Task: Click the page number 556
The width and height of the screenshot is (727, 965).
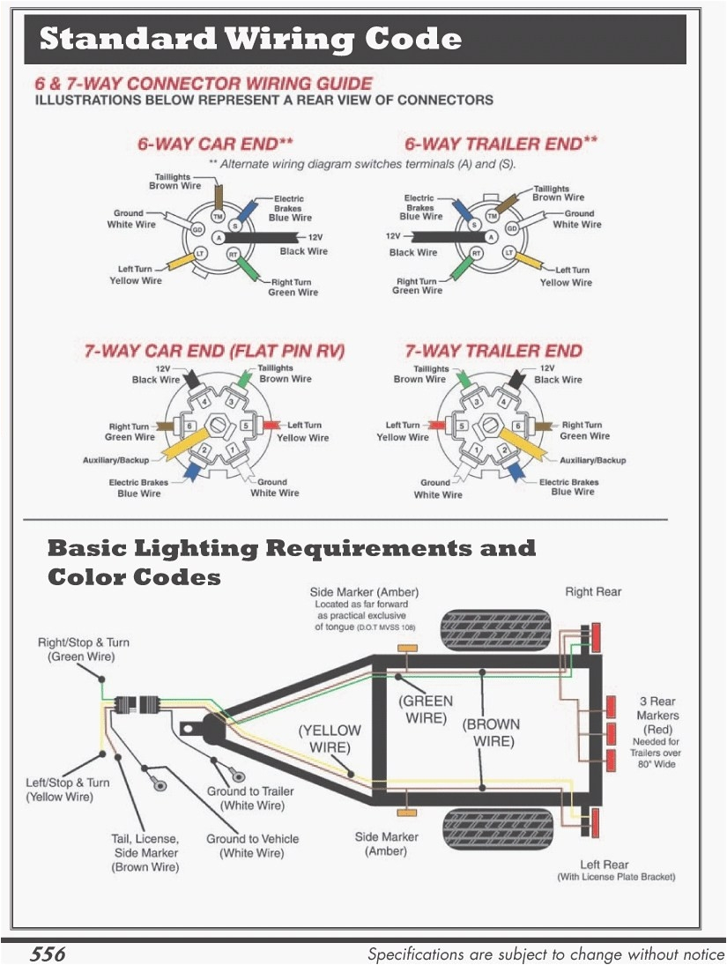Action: tap(48, 954)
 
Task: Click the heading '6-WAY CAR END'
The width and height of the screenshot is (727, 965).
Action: tap(215, 144)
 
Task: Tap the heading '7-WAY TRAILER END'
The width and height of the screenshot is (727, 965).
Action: tap(493, 351)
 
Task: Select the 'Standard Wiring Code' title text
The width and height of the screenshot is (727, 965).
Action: tap(251, 39)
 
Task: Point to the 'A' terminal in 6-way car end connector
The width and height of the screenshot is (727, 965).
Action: tap(219, 238)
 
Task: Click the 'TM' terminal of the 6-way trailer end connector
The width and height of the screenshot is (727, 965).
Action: tap(493, 216)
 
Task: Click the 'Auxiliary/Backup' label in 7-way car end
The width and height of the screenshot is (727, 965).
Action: tap(116, 461)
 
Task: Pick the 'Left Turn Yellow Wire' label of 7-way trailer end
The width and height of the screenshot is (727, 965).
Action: tap(403, 431)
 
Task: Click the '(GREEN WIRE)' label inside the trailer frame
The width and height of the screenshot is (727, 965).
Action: tap(427, 709)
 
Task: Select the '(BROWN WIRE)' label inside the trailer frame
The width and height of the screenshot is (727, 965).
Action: tap(492, 731)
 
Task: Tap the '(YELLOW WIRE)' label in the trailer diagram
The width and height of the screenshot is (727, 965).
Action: tap(330, 739)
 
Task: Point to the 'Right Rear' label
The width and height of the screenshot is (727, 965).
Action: tap(592, 591)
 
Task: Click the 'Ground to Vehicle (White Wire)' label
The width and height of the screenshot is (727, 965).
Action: tap(252, 845)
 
